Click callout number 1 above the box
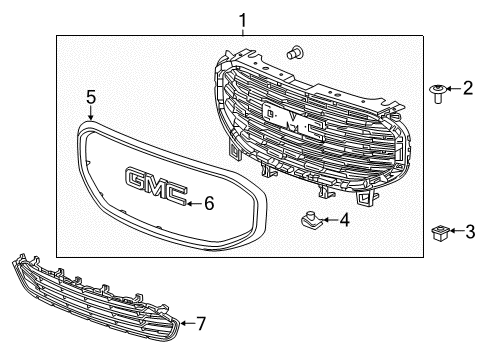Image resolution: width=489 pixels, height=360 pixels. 241,17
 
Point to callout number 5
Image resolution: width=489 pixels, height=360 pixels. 90,97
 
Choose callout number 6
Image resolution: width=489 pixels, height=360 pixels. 209,203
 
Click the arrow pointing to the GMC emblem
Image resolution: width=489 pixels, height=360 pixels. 193,203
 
